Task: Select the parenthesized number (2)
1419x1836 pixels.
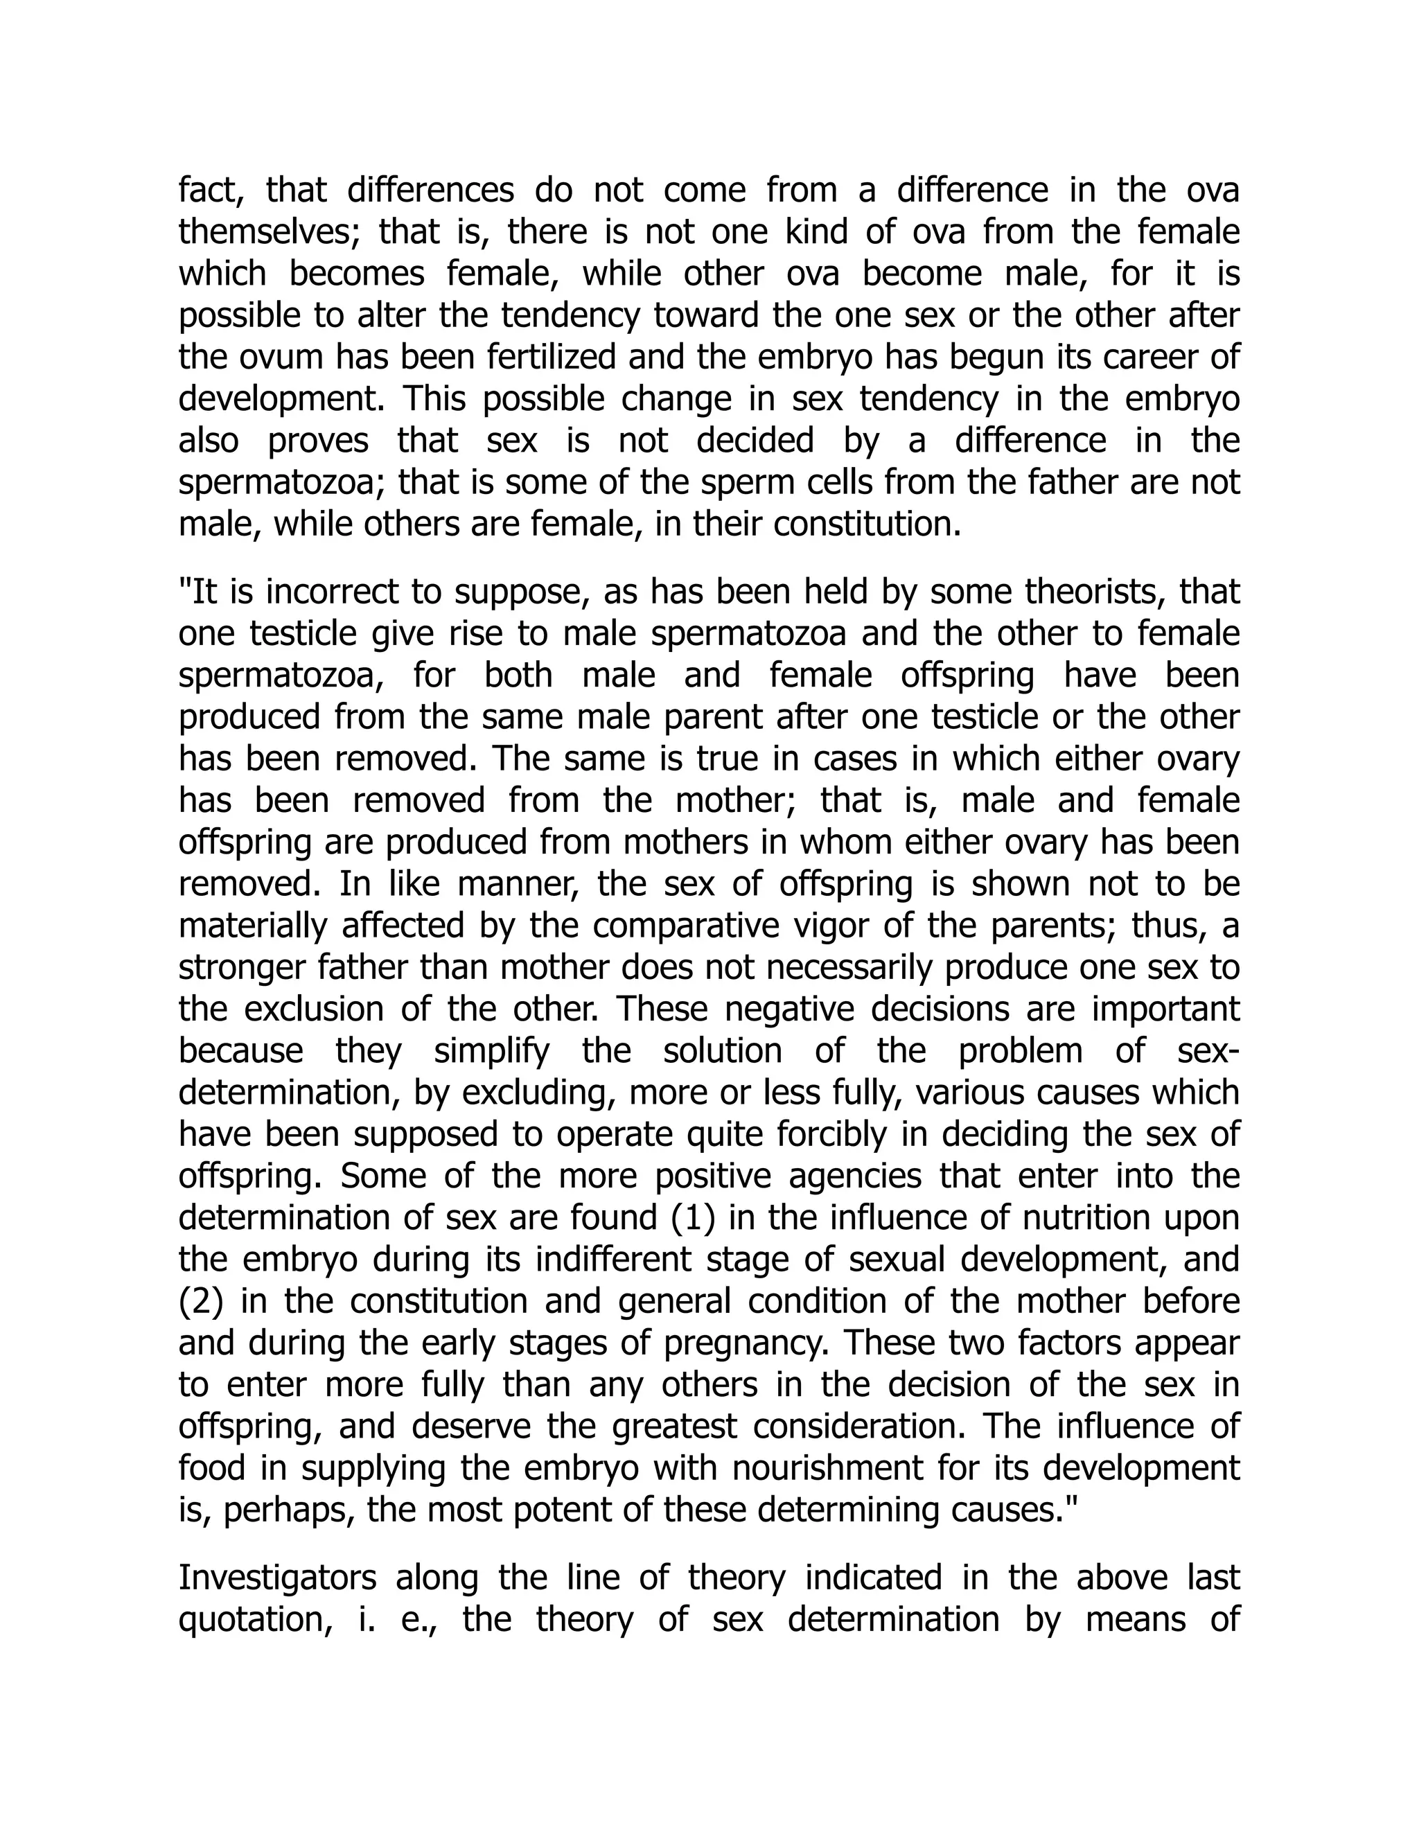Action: pyautogui.click(x=201, y=1301)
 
